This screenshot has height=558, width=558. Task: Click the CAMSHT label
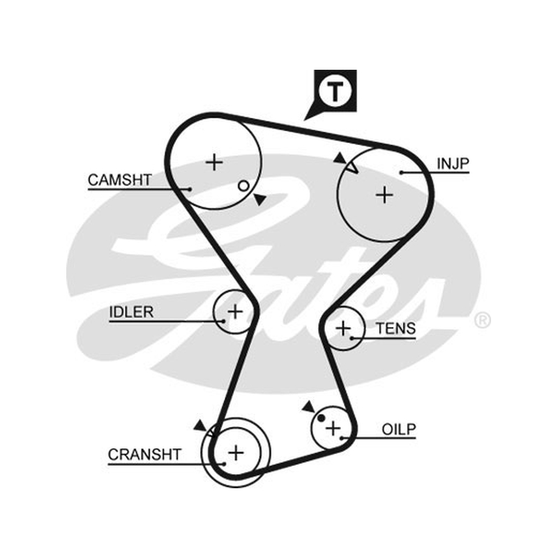pyautogui.click(x=120, y=180)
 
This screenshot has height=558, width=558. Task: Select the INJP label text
pyautogui.click(x=453, y=164)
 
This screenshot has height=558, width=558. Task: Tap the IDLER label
pyautogui.click(x=131, y=312)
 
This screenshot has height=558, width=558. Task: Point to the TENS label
pyautogui.click(x=395, y=329)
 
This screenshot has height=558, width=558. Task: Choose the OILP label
pyautogui.click(x=398, y=430)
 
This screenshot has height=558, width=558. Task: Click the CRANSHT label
pyautogui.click(x=145, y=455)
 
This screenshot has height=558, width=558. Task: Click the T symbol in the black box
pyautogui.click(x=335, y=91)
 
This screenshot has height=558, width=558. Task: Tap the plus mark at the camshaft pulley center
pyautogui.click(x=214, y=163)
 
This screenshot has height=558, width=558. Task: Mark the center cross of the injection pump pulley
pyautogui.click(x=384, y=195)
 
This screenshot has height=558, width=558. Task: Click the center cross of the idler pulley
pyautogui.click(x=235, y=312)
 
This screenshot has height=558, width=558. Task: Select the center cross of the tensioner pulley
pyautogui.click(x=343, y=328)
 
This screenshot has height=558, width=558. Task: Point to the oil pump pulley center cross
pyautogui.click(x=333, y=428)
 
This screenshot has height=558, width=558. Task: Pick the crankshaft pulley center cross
pyautogui.click(x=236, y=453)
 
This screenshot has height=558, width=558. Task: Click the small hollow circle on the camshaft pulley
pyautogui.click(x=243, y=186)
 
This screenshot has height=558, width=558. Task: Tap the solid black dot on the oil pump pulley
pyautogui.click(x=321, y=418)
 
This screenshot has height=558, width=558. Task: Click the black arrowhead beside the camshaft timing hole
pyautogui.click(x=260, y=199)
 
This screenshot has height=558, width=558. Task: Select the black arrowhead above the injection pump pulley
pyautogui.click(x=340, y=158)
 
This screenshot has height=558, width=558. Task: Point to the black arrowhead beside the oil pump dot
pyautogui.click(x=308, y=407)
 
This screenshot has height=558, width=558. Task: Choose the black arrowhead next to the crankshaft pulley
pyautogui.click(x=200, y=425)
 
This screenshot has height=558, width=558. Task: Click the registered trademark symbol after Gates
pyautogui.click(x=483, y=320)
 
